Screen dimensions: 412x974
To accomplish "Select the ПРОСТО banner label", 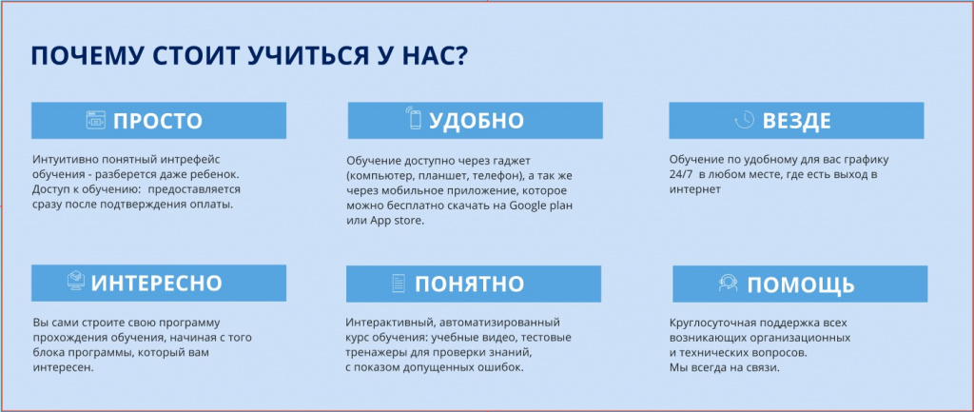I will (x=158, y=121).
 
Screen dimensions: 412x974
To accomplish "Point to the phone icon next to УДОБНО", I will (x=414, y=120).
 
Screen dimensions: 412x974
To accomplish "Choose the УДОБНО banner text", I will (x=477, y=121).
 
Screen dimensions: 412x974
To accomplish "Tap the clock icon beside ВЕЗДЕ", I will (x=745, y=121).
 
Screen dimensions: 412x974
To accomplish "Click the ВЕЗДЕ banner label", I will (x=796, y=121).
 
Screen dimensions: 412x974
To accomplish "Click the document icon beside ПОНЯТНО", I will (x=399, y=284).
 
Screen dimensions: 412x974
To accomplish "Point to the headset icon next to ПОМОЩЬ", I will (x=728, y=284).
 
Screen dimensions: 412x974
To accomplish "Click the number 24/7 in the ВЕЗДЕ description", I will (x=681, y=175).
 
